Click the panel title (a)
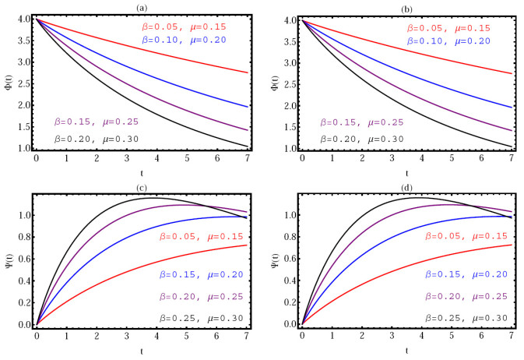[148, 6]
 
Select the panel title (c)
[148, 187]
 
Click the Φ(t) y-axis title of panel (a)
[7, 83]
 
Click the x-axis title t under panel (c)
[148, 351]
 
